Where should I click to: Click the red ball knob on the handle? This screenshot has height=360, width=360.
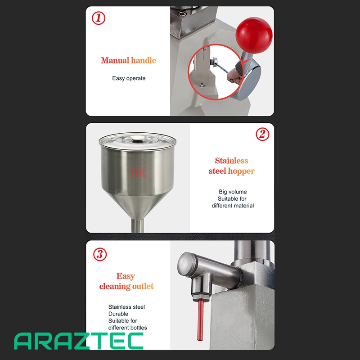[254, 36]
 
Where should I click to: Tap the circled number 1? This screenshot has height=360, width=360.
[99, 18]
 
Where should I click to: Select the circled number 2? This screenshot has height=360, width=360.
[262, 134]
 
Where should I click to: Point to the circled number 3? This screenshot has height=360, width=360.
[100, 254]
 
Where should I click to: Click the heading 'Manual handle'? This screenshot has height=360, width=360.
[128, 60]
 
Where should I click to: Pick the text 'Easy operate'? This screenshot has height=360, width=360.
[129, 78]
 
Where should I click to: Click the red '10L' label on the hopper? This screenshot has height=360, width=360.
[138, 173]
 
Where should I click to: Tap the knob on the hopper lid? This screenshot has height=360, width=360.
[138, 138]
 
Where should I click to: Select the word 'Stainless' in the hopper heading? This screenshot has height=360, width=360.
[231, 161]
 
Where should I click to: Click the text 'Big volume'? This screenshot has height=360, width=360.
[233, 192]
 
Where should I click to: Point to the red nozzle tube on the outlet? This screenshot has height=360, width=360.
[200, 320]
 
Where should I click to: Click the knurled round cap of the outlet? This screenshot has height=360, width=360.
[187, 265]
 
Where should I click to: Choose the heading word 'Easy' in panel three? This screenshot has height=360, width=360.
[126, 276]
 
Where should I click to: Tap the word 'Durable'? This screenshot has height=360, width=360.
[118, 314]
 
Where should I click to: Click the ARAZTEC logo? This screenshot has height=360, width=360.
[78, 341]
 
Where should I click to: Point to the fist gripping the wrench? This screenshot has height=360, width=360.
[234, 76]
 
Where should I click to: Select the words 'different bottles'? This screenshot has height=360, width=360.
[128, 328]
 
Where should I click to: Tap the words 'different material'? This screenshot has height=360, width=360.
[233, 206]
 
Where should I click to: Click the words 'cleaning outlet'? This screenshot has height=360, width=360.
[126, 286]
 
